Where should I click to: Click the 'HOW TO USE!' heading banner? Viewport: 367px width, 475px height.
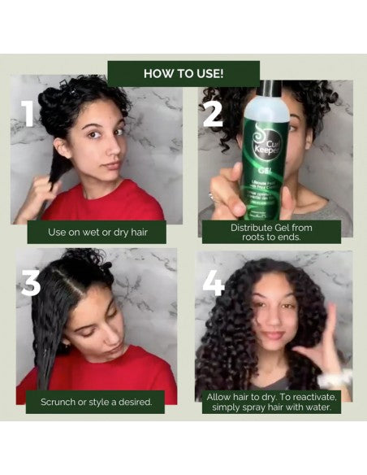(x=183, y=73)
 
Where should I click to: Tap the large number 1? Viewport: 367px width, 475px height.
(x=28, y=113)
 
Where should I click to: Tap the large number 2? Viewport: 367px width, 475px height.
(x=213, y=113)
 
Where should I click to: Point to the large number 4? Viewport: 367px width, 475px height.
(x=214, y=282)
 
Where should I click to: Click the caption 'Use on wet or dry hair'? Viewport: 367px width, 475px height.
(x=96, y=232)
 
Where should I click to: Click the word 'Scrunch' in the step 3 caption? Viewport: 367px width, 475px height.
(x=60, y=402)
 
